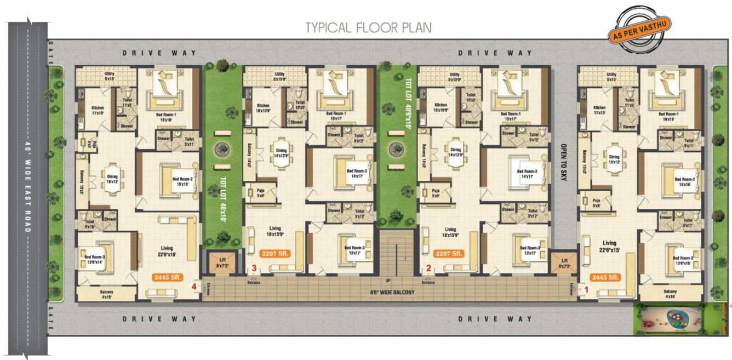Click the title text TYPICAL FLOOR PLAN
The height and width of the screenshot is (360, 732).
pos(368,27)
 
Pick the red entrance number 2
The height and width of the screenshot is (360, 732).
pos(429,268)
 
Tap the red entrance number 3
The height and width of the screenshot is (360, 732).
pos(254,268)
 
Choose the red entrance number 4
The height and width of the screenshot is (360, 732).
pos(193,285)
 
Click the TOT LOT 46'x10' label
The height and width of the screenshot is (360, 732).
pos(224,203)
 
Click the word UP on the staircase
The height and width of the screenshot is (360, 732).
pos(388,280)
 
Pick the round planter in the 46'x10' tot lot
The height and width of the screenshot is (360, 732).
pos(222,148)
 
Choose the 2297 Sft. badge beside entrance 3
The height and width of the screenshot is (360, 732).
pos(276,254)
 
